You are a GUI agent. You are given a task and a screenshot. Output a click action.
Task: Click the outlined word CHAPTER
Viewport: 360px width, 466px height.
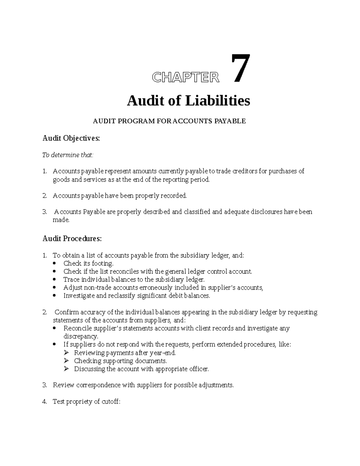coord(186,77)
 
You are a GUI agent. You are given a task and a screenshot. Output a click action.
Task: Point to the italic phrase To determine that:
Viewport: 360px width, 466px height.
coord(68,155)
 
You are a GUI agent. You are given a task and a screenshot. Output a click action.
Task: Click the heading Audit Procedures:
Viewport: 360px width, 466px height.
coord(72,239)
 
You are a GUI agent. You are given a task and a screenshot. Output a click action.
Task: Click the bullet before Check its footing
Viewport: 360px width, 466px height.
coord(54,263)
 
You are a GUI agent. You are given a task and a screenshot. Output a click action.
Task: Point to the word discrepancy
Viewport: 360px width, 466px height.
coord(80,336)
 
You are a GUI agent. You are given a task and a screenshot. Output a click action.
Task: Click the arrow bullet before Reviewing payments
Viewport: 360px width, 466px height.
coord(66,353)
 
